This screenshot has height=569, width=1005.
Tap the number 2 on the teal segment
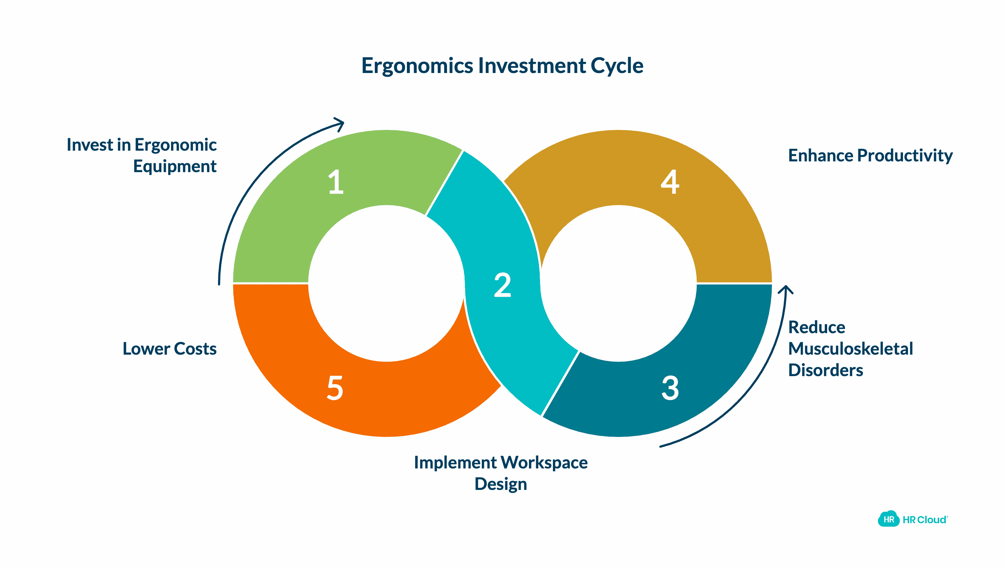tap(502, 285)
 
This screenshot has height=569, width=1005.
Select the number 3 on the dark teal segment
tap(670, 388)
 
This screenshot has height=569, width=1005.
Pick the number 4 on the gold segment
tap(670, 182)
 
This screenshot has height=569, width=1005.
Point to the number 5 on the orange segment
tap(335, 388)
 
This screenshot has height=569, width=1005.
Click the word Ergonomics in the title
tap(417, 65)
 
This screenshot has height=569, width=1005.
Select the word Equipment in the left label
tap(175, 166)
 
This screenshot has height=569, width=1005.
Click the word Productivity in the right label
tap(904, 156)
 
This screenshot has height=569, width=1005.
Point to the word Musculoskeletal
tap(850, 349)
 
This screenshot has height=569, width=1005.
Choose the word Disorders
tap(825, 370)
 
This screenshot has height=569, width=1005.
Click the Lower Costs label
tap(169, 349)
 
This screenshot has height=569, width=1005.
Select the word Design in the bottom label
tap(501, 484)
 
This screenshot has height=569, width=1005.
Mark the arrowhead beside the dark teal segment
tap(785, 290)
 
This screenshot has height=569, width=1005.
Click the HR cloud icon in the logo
tap(888, 519)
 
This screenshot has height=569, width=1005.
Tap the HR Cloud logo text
tap(924, 520)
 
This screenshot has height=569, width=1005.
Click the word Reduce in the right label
tap(817, 327)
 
